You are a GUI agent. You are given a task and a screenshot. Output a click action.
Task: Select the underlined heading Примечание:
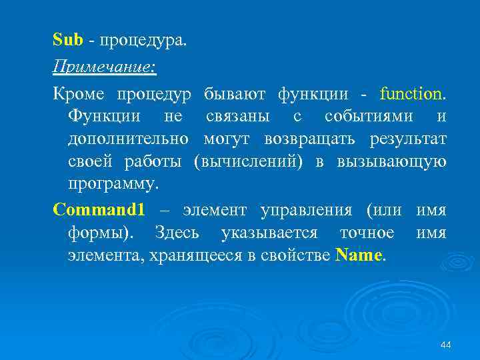pos(103,67)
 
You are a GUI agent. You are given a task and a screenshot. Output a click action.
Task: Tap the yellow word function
pos(412,93)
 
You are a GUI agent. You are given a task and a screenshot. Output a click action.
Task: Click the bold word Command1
pos(99,210)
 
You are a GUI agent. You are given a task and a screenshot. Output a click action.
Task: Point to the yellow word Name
pos(359,255)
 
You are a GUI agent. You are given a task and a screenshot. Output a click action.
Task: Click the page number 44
pos(446,344)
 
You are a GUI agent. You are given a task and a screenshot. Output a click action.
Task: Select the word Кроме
pos(75,93)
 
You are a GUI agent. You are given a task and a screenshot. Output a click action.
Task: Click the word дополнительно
pos(129,140)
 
